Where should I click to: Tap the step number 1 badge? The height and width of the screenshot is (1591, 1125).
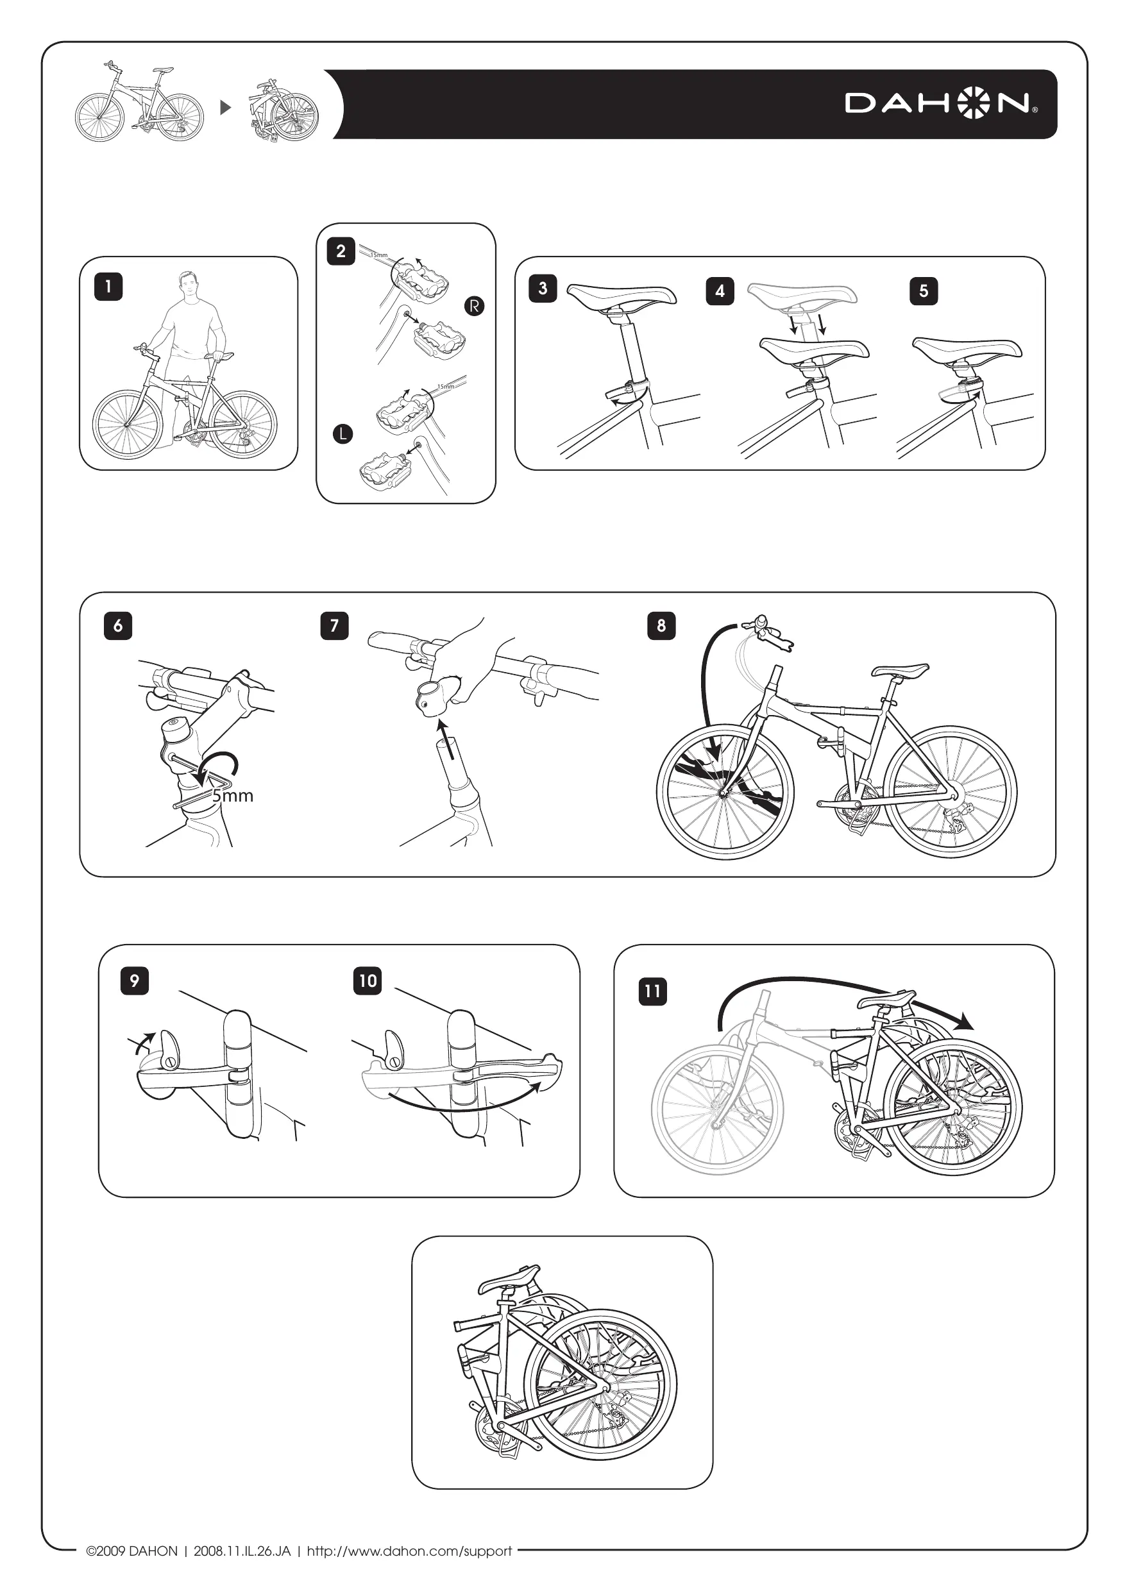108,286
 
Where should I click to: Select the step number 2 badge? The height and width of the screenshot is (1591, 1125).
341,251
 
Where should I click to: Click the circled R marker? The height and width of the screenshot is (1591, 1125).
474,306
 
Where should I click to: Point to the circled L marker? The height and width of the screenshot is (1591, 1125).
343,435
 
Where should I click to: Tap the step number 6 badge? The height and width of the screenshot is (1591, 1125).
118,626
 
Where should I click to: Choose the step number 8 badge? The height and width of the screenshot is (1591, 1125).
661,626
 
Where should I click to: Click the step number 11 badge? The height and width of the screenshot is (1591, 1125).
652,991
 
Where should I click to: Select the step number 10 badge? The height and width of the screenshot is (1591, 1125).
368,981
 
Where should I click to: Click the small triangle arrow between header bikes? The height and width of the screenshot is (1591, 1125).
225,107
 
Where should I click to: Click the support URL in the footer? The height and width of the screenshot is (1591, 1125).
409,1551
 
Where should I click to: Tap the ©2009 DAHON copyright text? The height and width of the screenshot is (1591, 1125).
131,1551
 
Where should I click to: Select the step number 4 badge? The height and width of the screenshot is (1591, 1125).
720,291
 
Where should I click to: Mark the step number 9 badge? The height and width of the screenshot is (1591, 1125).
135,981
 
